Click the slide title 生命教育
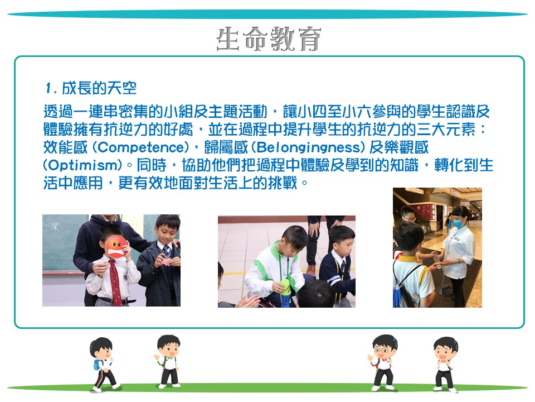[x=269, y=39]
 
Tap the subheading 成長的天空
[x=99, y=88]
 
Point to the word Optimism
[x=83, y=165]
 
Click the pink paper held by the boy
[x=166, y=262]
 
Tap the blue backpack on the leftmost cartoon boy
[x=98, y=365]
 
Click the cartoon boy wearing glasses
[x=383, y=362]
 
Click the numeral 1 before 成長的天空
[x=49, y=88]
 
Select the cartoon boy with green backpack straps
[x=168, y=361]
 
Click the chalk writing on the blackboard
[x=55, y=226]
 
